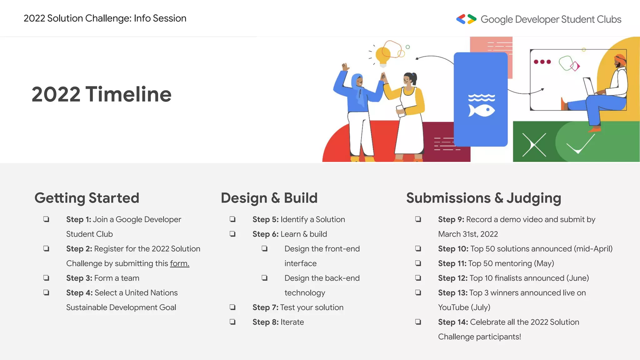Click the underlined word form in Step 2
179,263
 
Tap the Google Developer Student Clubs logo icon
466,19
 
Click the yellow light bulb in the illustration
383,56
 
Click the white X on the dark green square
534,145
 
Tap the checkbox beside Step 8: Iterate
232,322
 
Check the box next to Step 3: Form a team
46,277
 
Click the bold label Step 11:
452,263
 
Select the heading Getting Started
87,198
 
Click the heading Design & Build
269,198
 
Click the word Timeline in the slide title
128,94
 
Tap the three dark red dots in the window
542,62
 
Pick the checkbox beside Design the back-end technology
264,277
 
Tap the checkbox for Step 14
418,322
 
